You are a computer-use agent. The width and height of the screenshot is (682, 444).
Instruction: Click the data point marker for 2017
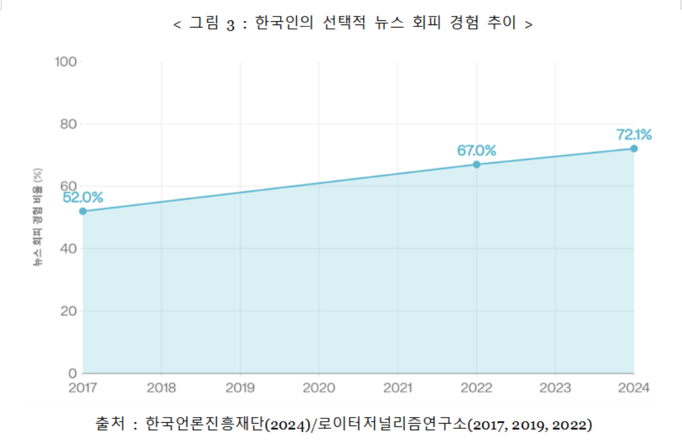[82, 211]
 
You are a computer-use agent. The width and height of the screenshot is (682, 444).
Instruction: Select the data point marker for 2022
[476, 164]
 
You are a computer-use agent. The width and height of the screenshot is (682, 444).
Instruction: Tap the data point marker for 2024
[634, 148]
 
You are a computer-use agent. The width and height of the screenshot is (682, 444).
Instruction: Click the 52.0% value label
[83, 196]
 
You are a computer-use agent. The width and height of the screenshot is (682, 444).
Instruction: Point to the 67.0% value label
[476, 150]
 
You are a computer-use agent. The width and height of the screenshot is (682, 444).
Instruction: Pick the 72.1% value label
[634, 135]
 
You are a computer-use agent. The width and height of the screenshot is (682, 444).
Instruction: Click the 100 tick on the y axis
[67, 62]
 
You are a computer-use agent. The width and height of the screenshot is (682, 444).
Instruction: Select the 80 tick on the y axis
[69, 125]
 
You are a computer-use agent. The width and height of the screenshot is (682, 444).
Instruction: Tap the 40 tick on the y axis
[69, 249]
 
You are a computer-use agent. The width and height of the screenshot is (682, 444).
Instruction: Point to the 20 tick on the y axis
[69, 311]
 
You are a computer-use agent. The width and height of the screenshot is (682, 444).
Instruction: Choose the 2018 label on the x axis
[161, 388]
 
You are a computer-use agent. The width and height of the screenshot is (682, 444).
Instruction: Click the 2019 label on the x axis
[240, 388]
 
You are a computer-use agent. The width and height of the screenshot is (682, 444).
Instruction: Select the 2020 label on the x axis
[319, 388]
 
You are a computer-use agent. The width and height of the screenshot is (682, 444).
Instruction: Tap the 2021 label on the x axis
[398, 388]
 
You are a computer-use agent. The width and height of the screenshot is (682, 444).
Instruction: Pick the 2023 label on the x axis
[555, 388]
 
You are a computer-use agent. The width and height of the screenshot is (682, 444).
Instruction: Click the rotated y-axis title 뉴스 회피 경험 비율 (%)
[38, 217]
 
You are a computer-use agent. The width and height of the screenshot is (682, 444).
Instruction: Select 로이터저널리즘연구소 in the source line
[393, 423]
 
